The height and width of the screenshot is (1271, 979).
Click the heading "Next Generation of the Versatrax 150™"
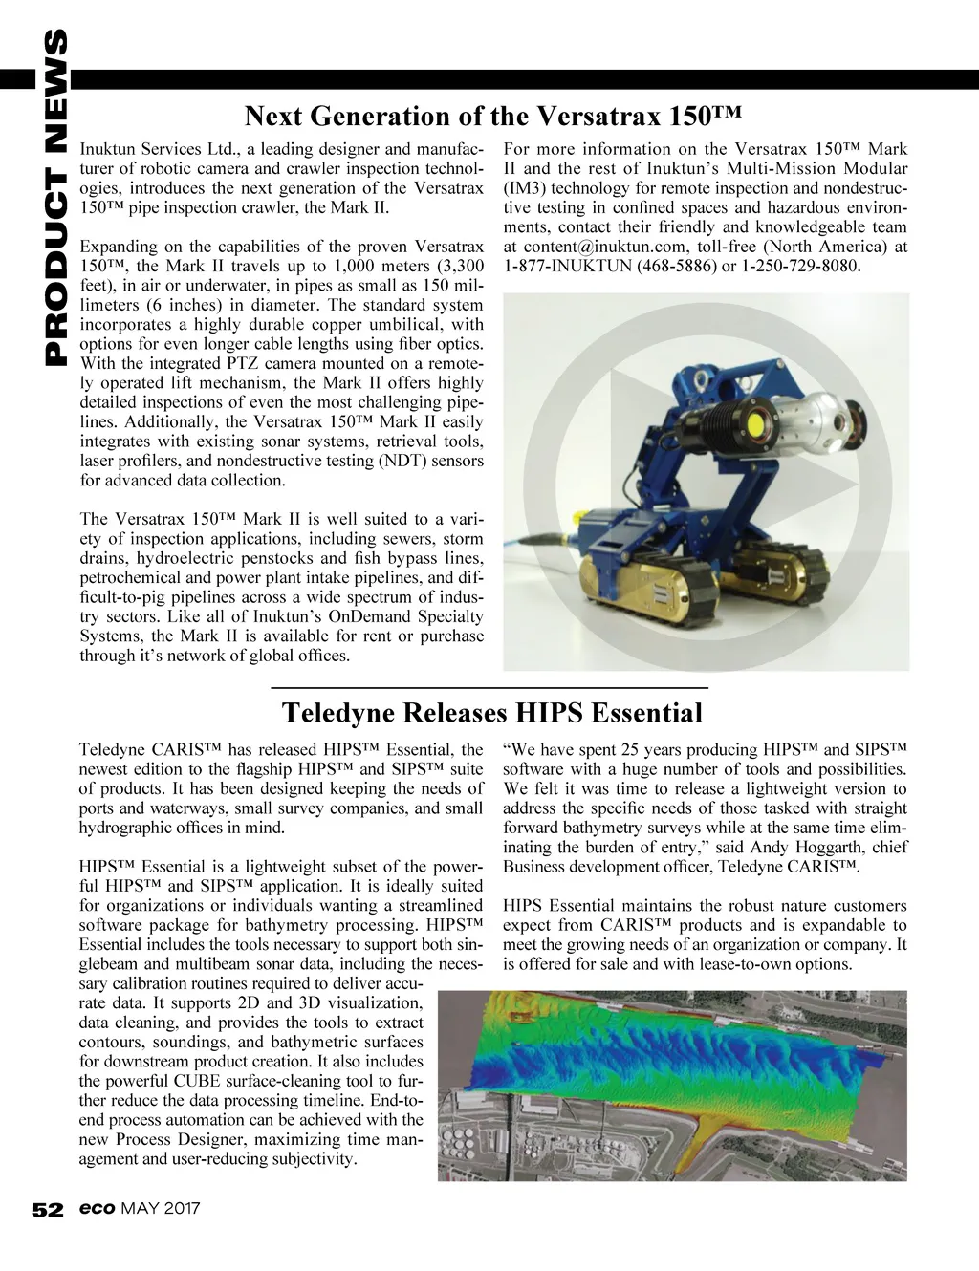tap(493, 117)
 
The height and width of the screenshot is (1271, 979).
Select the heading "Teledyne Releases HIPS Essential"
tap(492, 713)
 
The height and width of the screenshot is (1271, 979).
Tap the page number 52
tap(46, 1210)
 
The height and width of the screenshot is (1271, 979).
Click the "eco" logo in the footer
tap(98, 1210)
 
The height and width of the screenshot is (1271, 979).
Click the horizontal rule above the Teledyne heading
tap(489, 688)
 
